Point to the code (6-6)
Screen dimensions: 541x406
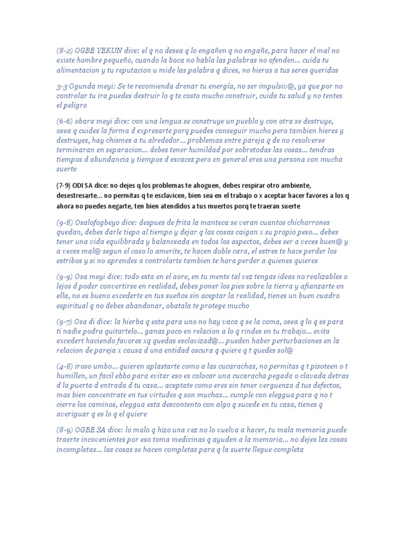coord(64,122)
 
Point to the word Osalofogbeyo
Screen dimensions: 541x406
coord(101,223)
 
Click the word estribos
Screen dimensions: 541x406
coord(70,260)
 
